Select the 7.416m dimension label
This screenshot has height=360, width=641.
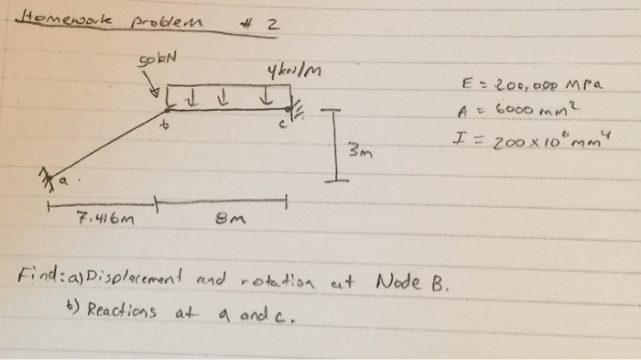106,221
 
